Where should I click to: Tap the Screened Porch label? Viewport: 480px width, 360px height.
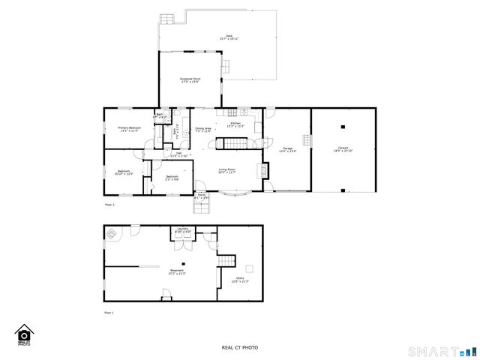(190, 80)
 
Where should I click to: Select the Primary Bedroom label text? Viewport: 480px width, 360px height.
(129, 129)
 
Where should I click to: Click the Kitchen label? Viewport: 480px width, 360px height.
(235, 124)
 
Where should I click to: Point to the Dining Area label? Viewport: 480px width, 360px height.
(202, 130)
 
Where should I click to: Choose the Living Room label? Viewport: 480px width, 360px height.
(227, 171)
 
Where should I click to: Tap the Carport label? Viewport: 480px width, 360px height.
(343, 149)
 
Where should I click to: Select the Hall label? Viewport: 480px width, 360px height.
(178, 154)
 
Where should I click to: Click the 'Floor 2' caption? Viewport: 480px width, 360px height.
(109, 204)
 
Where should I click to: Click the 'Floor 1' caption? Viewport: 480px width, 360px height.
(109, 312)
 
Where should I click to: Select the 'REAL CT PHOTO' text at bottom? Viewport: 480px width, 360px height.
(239, 347)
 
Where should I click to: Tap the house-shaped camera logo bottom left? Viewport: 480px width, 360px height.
(24, 334)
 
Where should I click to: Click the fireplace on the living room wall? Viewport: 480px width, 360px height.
(263, 169)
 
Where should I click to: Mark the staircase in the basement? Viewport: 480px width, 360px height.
(226, 259)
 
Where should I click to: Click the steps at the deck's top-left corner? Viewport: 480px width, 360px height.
(166, 19)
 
